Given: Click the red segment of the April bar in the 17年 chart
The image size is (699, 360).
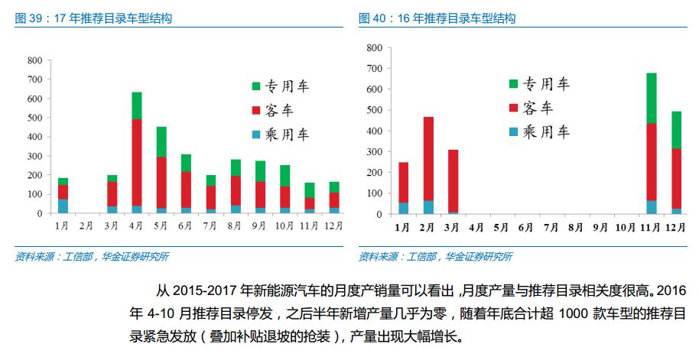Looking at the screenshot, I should point(137,162).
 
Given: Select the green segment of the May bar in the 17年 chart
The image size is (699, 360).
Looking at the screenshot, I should point(161,141).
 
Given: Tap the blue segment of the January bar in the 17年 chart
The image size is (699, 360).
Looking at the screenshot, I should point(63,206).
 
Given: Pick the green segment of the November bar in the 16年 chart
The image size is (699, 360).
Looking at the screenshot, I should point(652,98).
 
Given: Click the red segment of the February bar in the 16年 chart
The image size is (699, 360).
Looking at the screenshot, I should point(428,158).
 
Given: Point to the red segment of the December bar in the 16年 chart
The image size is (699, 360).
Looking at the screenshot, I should point(676,178).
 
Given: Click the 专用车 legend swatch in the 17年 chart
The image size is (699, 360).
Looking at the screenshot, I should point(256,86).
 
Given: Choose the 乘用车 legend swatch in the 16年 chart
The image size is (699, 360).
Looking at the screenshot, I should point(514,131).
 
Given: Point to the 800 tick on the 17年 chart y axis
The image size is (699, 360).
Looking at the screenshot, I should point(34,60).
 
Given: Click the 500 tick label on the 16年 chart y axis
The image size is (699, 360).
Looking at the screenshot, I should point(374,110).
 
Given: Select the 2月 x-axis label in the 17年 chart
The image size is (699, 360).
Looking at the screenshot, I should point(86,226).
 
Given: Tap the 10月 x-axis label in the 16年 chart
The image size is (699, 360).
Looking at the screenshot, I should point(626,228).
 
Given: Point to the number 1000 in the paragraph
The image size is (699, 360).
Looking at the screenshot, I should point(574,313).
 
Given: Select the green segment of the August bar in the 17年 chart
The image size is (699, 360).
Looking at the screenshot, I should point(236,167).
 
